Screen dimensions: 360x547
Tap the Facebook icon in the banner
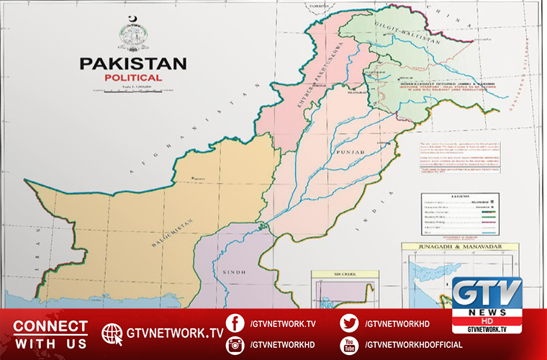tap(234, 323)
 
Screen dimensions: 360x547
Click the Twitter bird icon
tap(349, 323)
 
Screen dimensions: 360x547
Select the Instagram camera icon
tap(234, 344)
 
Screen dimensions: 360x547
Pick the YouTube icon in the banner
tap(349, 344)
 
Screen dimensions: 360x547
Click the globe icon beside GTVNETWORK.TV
tap(112, 333)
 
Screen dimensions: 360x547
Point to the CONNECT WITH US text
tap(50, 334)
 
